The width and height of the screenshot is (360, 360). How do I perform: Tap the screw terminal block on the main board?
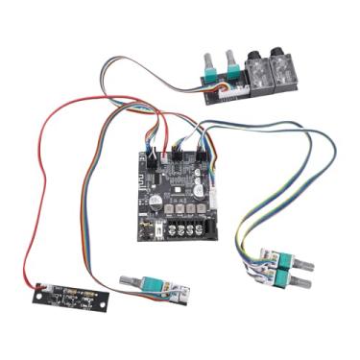click(182, 229)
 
